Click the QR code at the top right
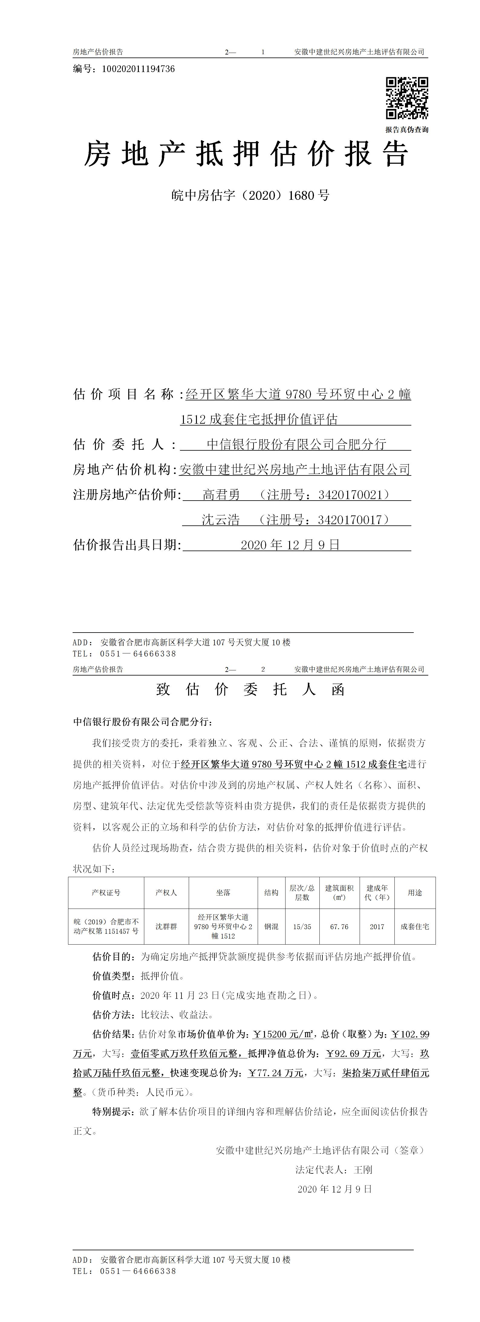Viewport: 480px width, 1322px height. (407, 98)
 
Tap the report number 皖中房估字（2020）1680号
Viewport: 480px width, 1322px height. (250, 196)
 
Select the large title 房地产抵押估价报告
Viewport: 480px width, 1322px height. (246, 154)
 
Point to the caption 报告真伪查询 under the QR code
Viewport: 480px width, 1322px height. (407, 130)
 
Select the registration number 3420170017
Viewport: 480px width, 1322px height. (350, 520)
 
